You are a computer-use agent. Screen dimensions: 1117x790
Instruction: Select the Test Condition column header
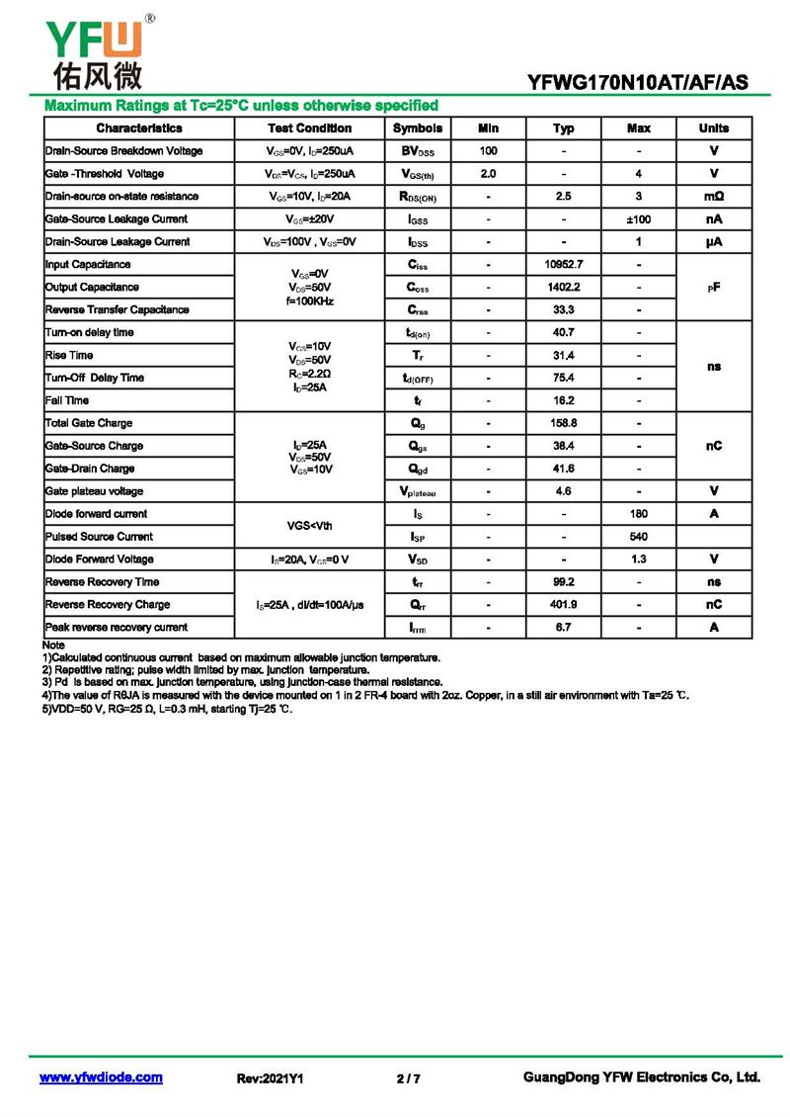click(x=309, y=129)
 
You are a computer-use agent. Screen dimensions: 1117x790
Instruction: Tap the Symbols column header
click(x=418, y=129)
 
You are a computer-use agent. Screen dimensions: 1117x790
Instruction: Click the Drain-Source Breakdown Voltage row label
click(x=124, y=151)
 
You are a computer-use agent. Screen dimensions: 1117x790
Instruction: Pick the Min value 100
click(x=488, y=151)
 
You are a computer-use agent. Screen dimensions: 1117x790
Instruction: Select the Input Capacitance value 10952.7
click(x=564, y=265)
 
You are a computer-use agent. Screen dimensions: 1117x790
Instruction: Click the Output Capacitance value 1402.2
click(x=564, y=288)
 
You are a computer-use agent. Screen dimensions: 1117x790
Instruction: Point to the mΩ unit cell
click(x=714, y=197)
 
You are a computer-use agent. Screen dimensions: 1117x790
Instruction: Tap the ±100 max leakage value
click(x=639, y=219)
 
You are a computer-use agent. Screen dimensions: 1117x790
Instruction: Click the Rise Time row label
click(x=69, y=355)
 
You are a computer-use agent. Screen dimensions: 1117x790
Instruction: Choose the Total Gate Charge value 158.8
click(x=564, y=423)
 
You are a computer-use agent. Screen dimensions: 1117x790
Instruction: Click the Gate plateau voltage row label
click(x=94, y=491)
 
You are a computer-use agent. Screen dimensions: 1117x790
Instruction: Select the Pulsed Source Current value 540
click(x=639, y=537)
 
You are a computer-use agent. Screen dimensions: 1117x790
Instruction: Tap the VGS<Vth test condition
click(x=309, y=526)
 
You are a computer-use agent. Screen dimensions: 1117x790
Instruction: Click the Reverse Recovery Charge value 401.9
click(x=564, y=605)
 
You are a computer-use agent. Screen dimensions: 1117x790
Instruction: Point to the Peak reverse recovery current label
click(x=117, y=628)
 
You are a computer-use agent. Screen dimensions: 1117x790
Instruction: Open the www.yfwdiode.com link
click(x=101, y=1077)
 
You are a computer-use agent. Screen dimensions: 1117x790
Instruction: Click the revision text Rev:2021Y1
click(x=270, y=1078)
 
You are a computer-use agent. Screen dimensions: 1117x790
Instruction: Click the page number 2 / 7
click(x=408, y=1078)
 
